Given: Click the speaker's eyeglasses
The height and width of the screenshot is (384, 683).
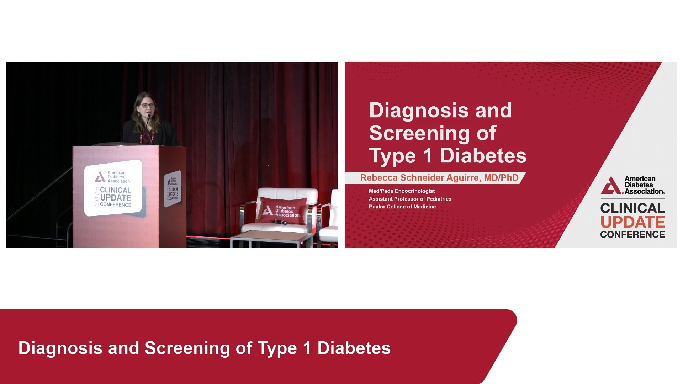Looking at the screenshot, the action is pyautogui.click(x=148, y=105).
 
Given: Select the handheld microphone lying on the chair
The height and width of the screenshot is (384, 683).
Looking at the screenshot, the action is pyautogui.click(x=281, y=222).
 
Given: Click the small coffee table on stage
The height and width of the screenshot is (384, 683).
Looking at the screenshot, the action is pyautogui.click(x=272, y=239).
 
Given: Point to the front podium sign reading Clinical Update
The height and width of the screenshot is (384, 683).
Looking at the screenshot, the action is pyautogui.click(x=113, y=188).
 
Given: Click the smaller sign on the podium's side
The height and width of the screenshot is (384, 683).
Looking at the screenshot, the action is pyautogui.click(x=173, y=189).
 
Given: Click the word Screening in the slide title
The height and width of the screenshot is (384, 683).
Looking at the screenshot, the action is pyautogui.click(x=420, y=134).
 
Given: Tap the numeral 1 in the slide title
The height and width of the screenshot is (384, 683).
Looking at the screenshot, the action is pyautogui.click(x=428, y=155).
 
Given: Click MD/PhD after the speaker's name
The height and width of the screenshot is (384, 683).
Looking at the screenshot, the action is pyautogui.click(x=501, y=178).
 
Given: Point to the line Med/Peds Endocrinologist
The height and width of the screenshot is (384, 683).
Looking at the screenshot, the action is pyautogui.click(x=402, y=191).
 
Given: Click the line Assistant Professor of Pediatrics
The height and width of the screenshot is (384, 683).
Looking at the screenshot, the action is pyautogui.click(x=410, y=199).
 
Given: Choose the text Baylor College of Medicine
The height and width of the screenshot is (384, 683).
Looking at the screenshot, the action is pyautogui.click(x=402, y=207).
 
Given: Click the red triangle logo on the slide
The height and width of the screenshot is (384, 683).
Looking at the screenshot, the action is pyautogui.click(x=611, y=186).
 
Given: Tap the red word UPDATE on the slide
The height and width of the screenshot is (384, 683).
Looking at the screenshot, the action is pyautogui.click(x=632, y=222).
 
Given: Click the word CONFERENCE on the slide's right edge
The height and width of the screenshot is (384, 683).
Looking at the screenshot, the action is pyautogui.click(x=632, y=234).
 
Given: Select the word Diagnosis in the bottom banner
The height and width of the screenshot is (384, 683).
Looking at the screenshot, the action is pyautogui.click(x=60, y=348).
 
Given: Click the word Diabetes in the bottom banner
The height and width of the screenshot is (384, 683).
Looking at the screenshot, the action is pyautogui.click(x=354, y=348).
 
